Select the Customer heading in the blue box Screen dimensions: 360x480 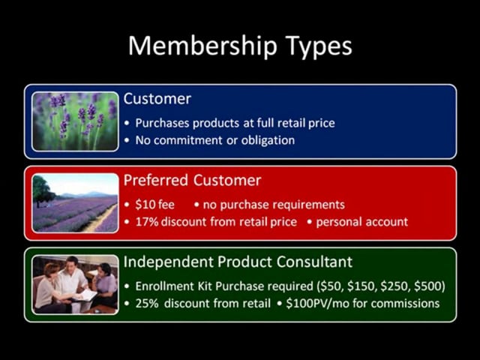[x=157, y=99]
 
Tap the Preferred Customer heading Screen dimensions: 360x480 [x=192, y=181]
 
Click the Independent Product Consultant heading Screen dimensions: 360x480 [x=238, y=262]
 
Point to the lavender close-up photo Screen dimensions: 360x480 [x=75, y=121]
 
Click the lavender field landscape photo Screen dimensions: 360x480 [x=75, y=202]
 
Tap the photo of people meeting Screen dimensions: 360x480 [x=75, y=284]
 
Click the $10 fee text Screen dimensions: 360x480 [x=154, y=204]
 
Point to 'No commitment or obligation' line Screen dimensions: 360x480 [x=215, y=140]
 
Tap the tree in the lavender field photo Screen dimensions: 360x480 [x=42, y=190]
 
